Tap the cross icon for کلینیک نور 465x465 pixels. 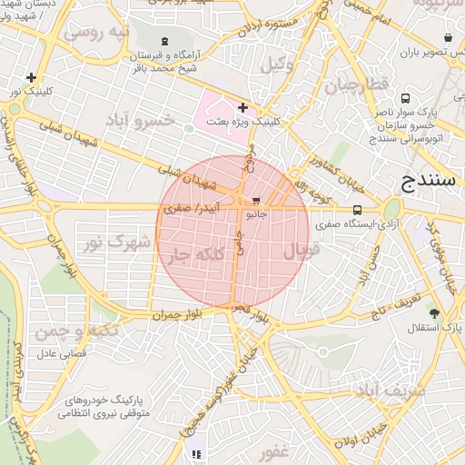pyautogui.click(x=32, y=78)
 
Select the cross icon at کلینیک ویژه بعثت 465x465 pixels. pyautogui.click(x=242, y=108)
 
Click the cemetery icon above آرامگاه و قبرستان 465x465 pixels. pyautogui.click(x=164, y=41)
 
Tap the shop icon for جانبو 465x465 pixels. pyautogui.click(x=256, y=200)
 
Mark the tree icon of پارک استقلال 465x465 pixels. pyautogui.click(x=434, y=313)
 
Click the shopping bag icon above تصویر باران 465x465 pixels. pyautogui.click(x=448, y=38)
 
